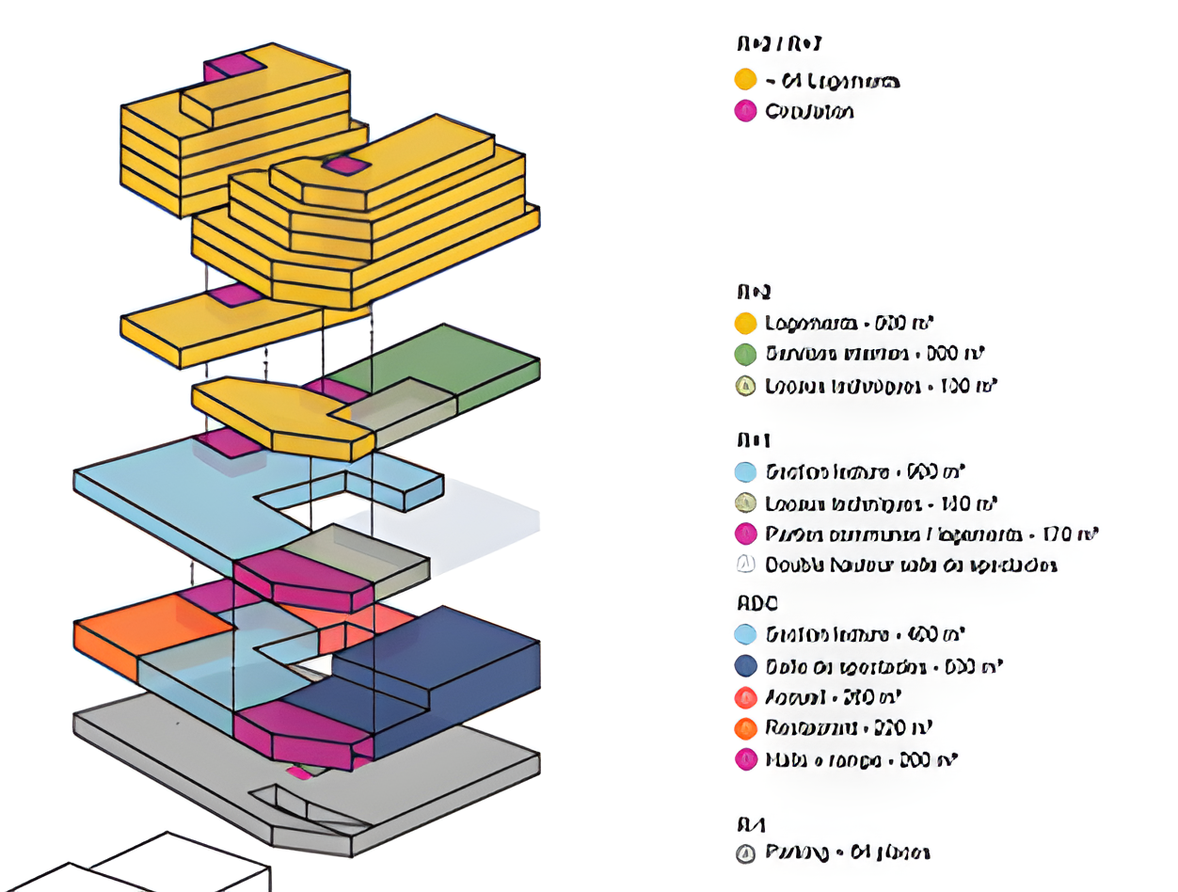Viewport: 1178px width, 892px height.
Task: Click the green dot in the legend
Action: [x=745, y=354]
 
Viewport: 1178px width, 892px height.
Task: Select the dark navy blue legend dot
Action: [x=745, y=666]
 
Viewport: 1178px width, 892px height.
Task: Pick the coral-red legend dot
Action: [x=745, y=697]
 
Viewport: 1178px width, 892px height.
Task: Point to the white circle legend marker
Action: [x=745, y=565]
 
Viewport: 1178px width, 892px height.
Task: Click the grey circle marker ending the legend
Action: [x=745, y=853]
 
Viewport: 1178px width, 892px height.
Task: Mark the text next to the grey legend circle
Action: [x=848, y=853]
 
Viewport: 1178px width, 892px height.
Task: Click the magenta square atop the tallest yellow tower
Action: [x=230, y=66]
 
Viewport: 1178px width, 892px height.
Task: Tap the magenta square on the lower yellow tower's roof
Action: [x=345, y=166]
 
